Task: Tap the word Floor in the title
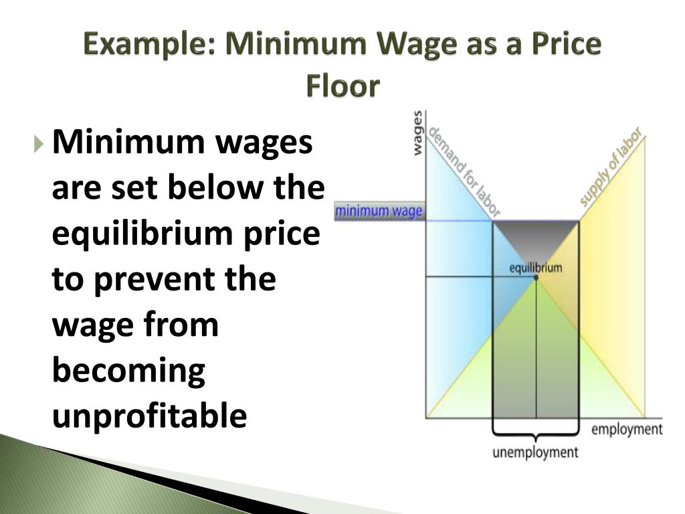(342, 86)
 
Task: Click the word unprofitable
(149, 415)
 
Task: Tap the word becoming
(128, 370)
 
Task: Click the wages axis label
(417, 133)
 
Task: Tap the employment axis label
(627, 429)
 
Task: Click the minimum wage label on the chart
(379, 212)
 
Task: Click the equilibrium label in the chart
(536, 268)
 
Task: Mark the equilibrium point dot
(536, 277)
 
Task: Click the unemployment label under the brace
(535, 452)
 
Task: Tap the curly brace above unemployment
(535, 428)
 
